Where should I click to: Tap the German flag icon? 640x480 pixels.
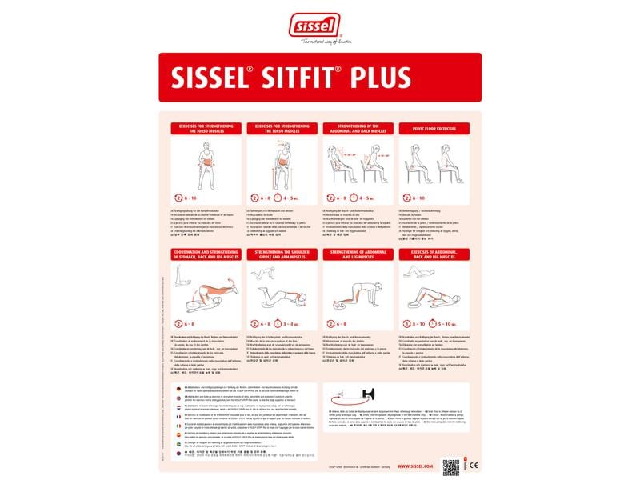(175, 387)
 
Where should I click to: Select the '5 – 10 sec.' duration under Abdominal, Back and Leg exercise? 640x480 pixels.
(446, 324)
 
